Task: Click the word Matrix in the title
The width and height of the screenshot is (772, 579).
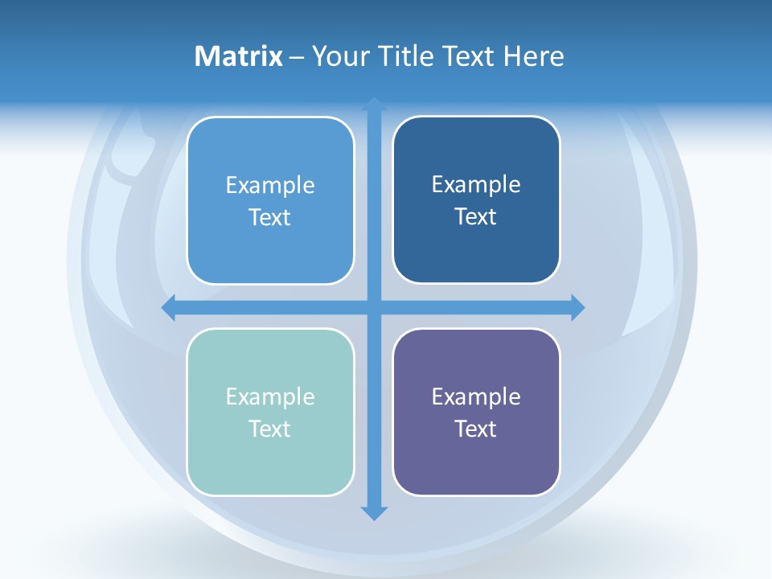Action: (x=239, y=56)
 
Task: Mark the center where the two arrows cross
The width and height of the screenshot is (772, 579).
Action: (x=374, y=307)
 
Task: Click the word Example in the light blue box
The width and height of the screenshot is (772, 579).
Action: (x=270, y=186)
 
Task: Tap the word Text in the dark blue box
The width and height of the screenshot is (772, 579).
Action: (x=476, y=217)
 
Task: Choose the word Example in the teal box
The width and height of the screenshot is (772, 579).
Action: (x=270, y=397)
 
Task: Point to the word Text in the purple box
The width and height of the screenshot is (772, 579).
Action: (x=476, y=429)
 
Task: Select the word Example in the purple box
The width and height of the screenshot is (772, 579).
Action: (x=476, y=397)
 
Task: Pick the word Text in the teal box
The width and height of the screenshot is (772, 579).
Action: (x=270, y=429)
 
